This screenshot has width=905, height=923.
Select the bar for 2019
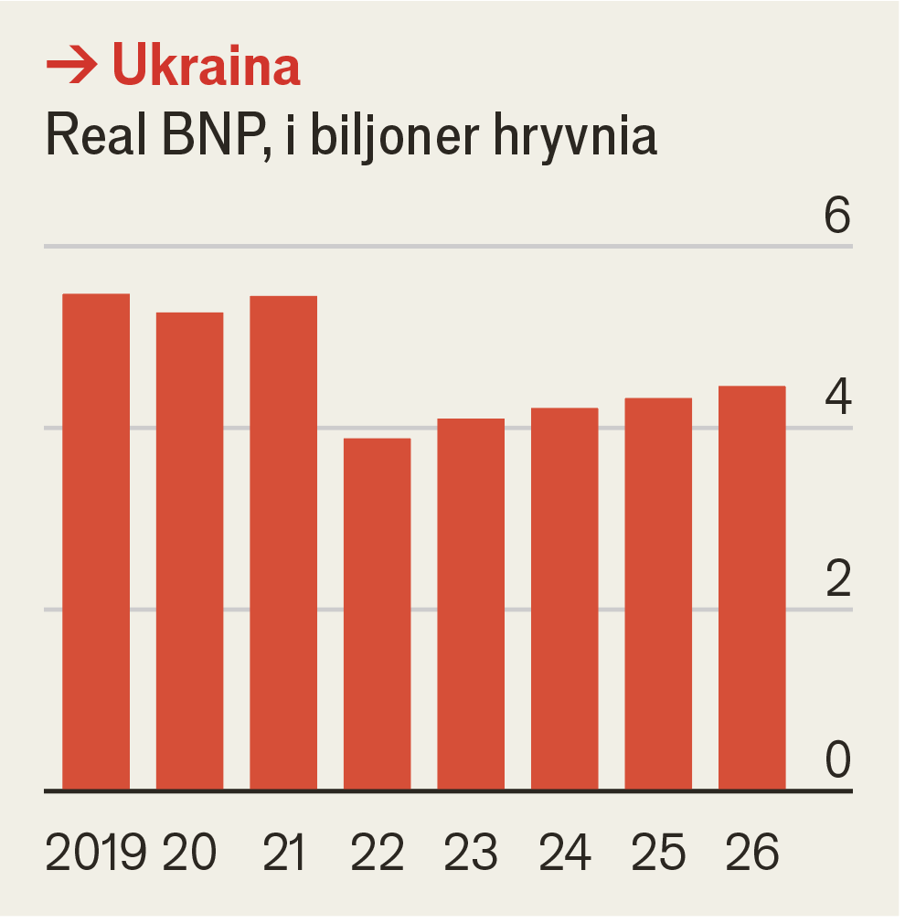coord(96,542)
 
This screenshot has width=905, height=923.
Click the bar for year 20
coord(190,551)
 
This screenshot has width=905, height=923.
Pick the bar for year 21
coord(283,543)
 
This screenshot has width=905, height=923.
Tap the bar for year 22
coord(377,614)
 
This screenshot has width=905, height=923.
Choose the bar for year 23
coord(471,604)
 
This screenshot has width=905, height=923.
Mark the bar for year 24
coord(565,599)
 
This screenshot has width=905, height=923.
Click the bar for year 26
coord(752,588)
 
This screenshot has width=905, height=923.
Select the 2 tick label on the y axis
coord(836,578)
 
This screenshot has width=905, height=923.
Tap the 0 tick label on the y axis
coord(836,759)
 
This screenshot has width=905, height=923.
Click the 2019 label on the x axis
coord(95,853)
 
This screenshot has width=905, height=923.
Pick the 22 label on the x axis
coord(377,853)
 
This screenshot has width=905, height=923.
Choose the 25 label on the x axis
coord(658,853)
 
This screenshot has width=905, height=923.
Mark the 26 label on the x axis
coord(752,853)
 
